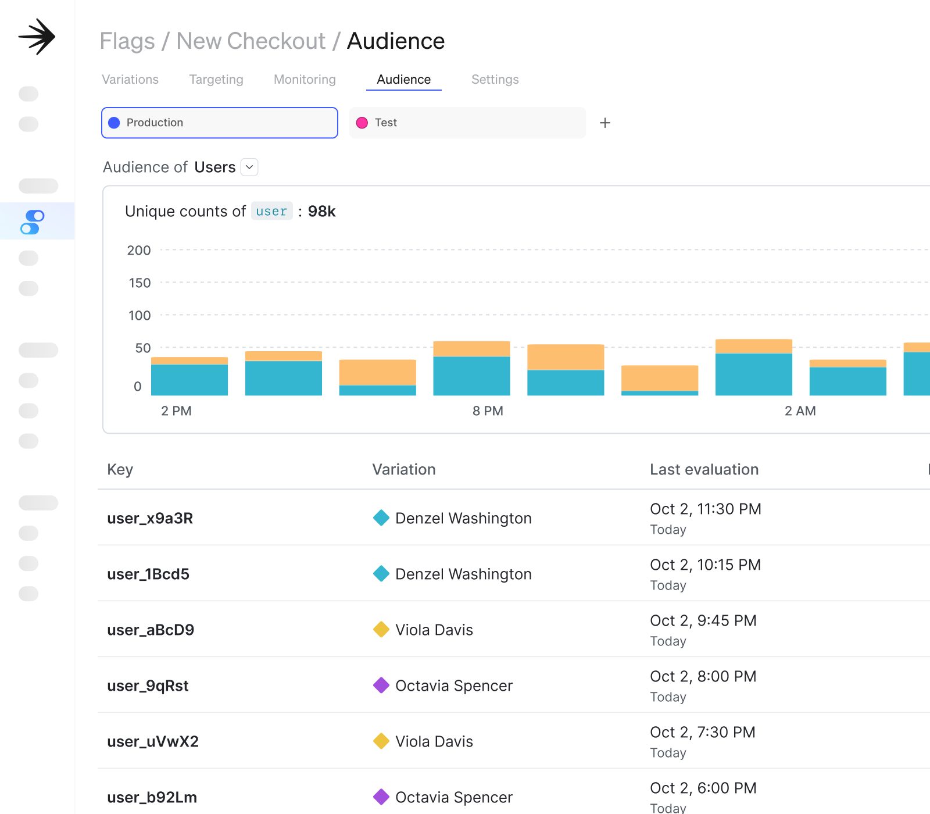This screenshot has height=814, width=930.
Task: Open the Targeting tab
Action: point(216,80)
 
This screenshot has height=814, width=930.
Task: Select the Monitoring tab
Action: point(305,80)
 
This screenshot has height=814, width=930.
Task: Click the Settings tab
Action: point(495,80)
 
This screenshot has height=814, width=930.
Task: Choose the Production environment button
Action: point(220,123)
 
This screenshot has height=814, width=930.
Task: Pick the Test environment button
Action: point(467,123)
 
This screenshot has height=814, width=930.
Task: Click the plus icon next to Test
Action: point(605,123)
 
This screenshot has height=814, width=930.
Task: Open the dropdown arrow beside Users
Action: point(249,167)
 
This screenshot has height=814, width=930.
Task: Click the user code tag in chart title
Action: point(271,211)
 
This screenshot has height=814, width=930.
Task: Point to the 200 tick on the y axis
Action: point(139,251)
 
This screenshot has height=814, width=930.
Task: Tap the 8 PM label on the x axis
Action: point(488,411)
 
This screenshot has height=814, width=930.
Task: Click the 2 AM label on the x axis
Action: point(800,411)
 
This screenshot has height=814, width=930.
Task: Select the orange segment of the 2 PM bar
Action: point(189,360)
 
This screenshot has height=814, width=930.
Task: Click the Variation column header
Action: point(404,470)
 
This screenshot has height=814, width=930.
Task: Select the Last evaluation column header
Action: point(704,470)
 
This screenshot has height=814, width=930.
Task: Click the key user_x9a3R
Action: point(150,518)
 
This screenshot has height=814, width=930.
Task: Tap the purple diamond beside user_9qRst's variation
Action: point(381,686)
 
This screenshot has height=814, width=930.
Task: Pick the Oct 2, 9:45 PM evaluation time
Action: point(703,621)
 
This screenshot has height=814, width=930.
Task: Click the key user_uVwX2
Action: point(153,741)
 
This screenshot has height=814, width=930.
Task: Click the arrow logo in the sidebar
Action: point(37,37)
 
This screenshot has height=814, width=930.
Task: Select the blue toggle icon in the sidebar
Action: point(33,222)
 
